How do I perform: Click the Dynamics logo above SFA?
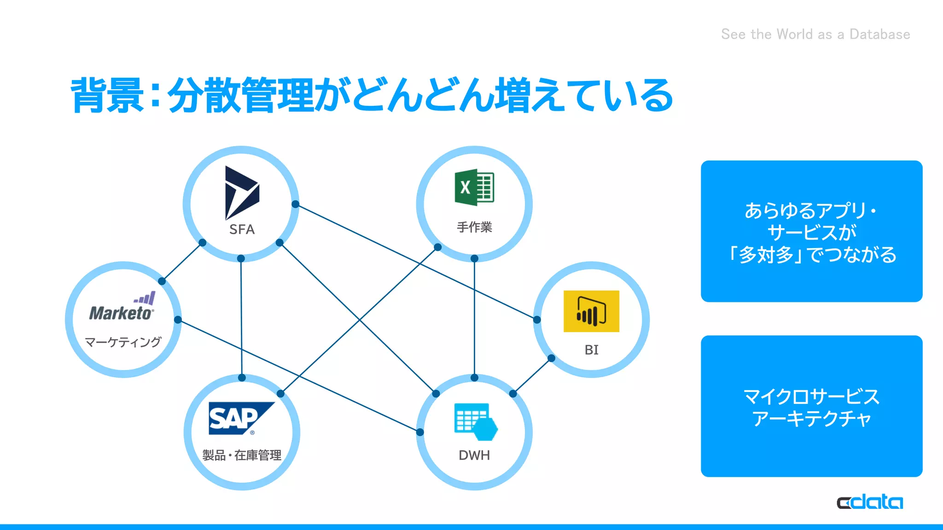click(x=241, y=192)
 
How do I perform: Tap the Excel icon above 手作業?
click(x=474, y=187)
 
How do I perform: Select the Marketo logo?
click(x=122, y=307)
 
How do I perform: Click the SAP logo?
click(x=240, y=418)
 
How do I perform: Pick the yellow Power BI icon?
click(x=591, y=311)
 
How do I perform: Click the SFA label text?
click(x=242, y=229)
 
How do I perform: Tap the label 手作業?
click(x=474, y=227)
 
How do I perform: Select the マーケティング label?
click(x=123, y=342)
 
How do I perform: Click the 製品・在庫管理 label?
click(x=242, y=455)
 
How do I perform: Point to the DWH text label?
click(x=474, y=455)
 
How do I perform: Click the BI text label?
click(x=591, y=350)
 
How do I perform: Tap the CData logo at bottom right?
click(x=869, y=502)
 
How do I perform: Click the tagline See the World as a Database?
click(x=815, y=34)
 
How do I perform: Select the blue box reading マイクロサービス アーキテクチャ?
click(x=811, y=406)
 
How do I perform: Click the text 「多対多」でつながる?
click(x=811, y=254)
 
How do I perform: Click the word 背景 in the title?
click(x=107, y=95)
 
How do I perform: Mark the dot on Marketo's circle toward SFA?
click(x=162, y=281)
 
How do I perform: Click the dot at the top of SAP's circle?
click(x=242, y=378)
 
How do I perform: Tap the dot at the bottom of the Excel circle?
click(x=474, y=259)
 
